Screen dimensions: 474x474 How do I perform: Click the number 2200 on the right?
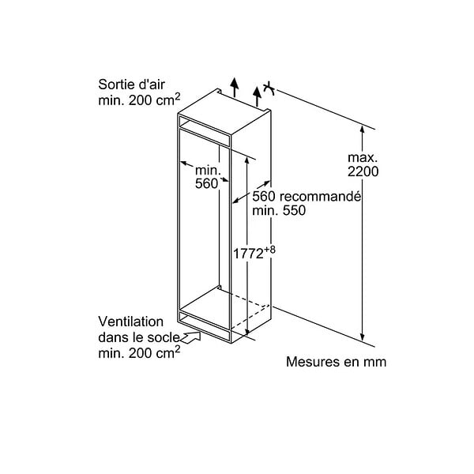[363, 171]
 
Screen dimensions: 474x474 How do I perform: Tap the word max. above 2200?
[363, 157]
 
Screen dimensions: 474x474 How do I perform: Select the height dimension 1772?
[248, 254]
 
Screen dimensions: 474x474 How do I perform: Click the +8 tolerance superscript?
[269, 250]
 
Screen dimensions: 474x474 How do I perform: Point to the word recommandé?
[320, 197]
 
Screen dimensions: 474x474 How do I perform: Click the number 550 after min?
[294, 211]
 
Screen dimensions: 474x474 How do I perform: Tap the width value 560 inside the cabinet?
[206, 183]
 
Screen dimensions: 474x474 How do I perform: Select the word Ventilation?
[130, 322]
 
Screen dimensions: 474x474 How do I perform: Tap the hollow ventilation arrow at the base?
[190, 337]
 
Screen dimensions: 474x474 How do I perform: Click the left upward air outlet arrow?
[235, 88]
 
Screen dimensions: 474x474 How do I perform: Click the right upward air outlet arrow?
[257, 96]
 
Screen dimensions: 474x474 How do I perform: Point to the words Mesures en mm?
[337, 362]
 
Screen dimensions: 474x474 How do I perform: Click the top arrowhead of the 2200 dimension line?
[362, 130]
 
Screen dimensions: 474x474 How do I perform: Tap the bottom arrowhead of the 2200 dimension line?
[362, 337]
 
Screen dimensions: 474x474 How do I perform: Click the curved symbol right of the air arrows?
[269, 88]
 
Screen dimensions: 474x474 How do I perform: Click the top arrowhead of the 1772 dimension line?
[247, 160]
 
